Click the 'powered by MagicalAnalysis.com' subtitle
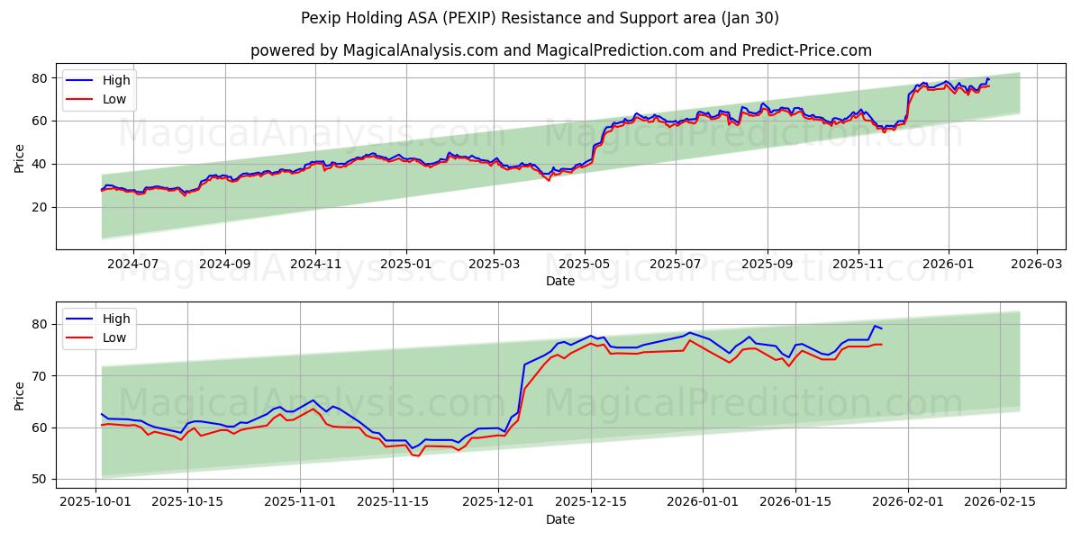[x=560, y=50]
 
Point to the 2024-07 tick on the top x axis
[x=132, y=265]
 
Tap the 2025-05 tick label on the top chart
[x=585, y=265]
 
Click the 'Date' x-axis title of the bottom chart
[x=560, y=519]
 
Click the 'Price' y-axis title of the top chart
[x=20, y=158]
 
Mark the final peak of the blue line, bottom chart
[x=874, y=326]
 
